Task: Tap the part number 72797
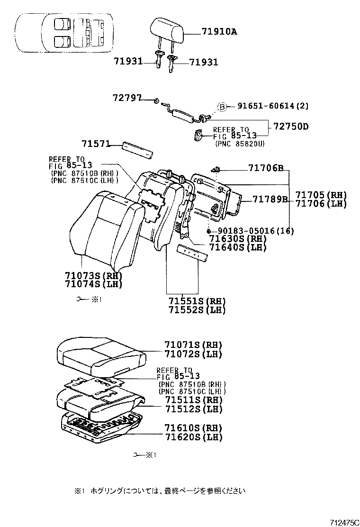pos(127,98)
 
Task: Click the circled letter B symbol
pos(222,107)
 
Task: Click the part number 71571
pos(96,144)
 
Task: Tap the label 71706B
pos(266,168)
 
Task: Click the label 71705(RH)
pos(321,195)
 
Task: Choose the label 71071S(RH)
pos(193,345)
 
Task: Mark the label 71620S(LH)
pos(193,437)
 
